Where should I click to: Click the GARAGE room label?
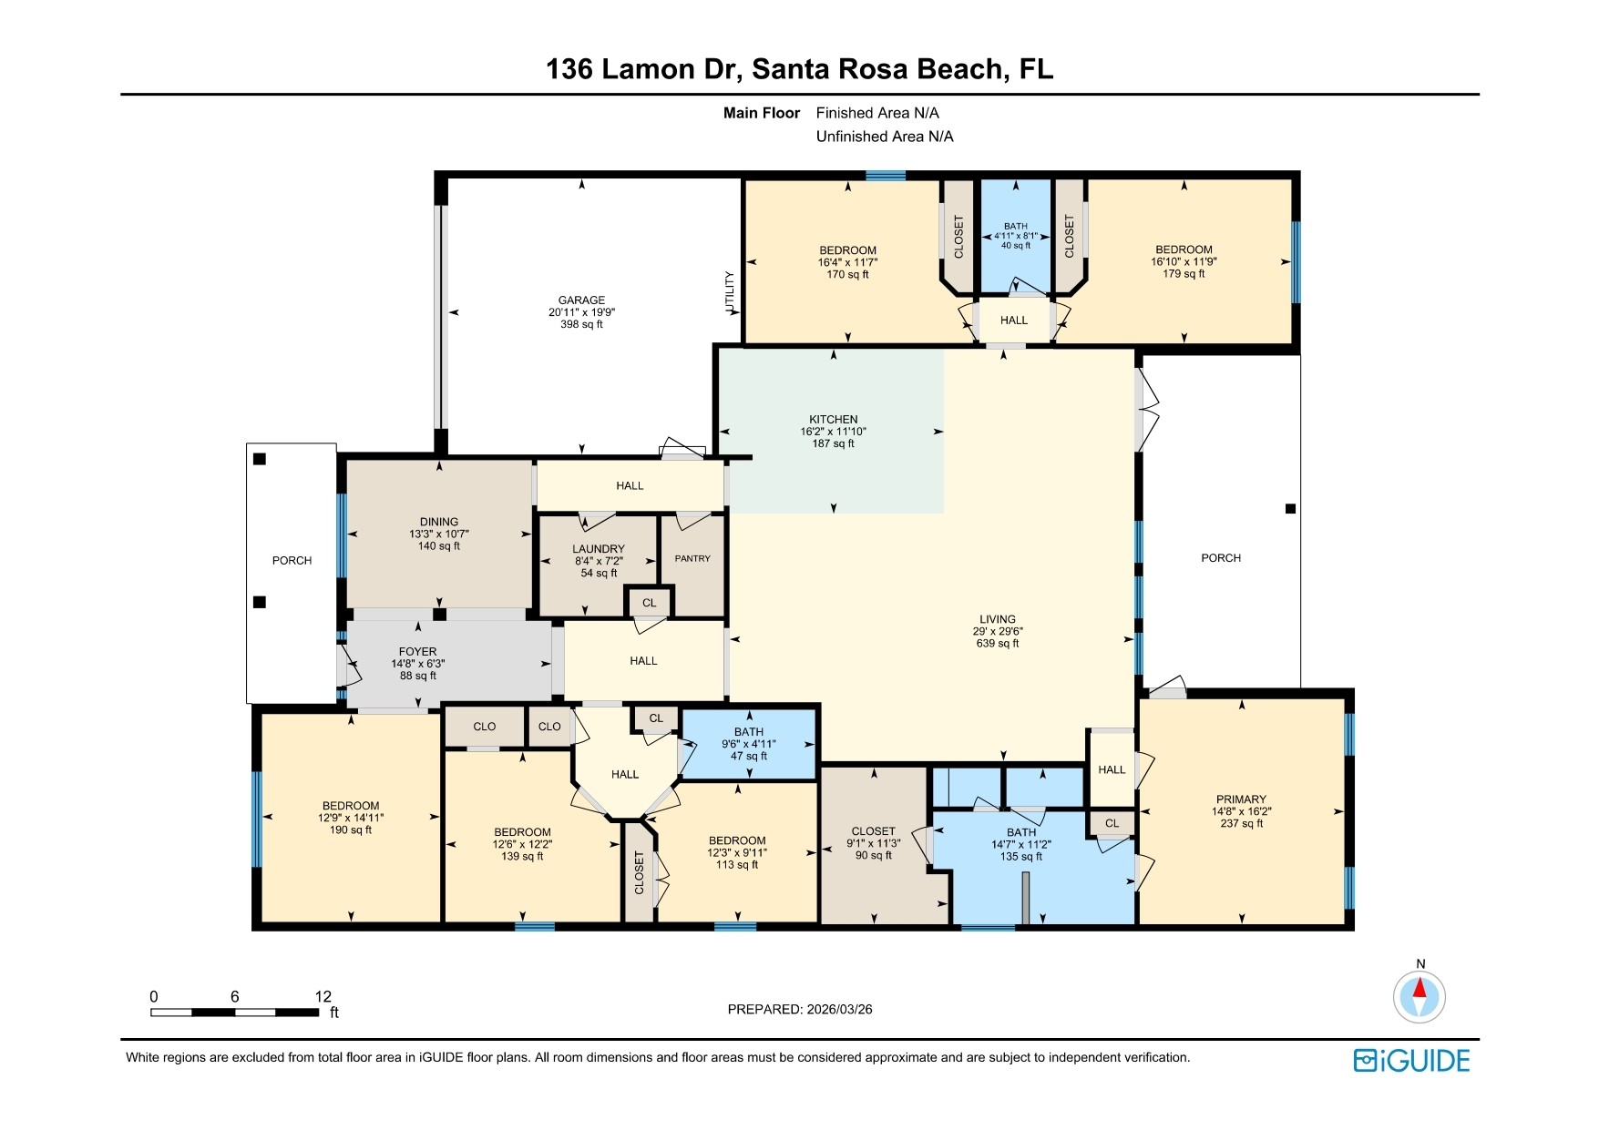(x=581, y=300)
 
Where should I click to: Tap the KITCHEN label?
(x=833, y=420)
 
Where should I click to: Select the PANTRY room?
(x=692, y=559)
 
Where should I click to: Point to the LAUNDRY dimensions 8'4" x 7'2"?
(x=598, y=562)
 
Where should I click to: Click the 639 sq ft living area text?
(x=997, y=644)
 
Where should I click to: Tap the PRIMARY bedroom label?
(x=1241, y=799)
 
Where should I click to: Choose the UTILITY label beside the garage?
(x=730, y=292)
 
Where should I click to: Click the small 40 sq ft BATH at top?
(x=1015, y=236)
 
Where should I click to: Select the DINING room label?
(x=439, y=523)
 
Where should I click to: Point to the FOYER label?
(x=417, y=652)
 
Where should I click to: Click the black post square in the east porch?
(x=1289, y=509)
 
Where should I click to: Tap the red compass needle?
(x=1419, y=989)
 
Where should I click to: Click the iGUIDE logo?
(x=1411, y=1061)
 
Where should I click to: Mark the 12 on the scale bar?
(x=323, y=997)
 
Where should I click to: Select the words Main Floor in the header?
(x=761, y=113)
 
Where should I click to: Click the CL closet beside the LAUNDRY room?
(x=649, y=603)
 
